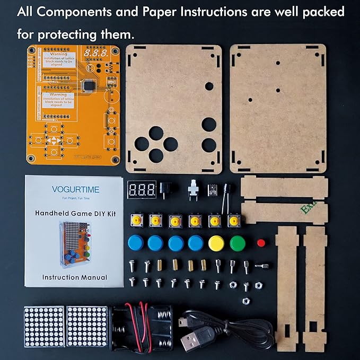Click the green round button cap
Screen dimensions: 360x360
click(x=238, y=243)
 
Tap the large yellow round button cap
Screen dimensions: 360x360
click(x=216, y=243)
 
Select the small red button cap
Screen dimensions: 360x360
click(x=261, y=243)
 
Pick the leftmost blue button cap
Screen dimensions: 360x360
click(x=136, y=243)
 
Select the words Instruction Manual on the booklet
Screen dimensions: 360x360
click(x=74, y=277)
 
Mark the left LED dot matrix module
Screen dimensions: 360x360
click(x=44, y=327)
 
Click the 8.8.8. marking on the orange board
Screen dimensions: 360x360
click(x=96, y=54)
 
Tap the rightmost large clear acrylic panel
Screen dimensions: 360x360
click(x=278, y=108)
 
